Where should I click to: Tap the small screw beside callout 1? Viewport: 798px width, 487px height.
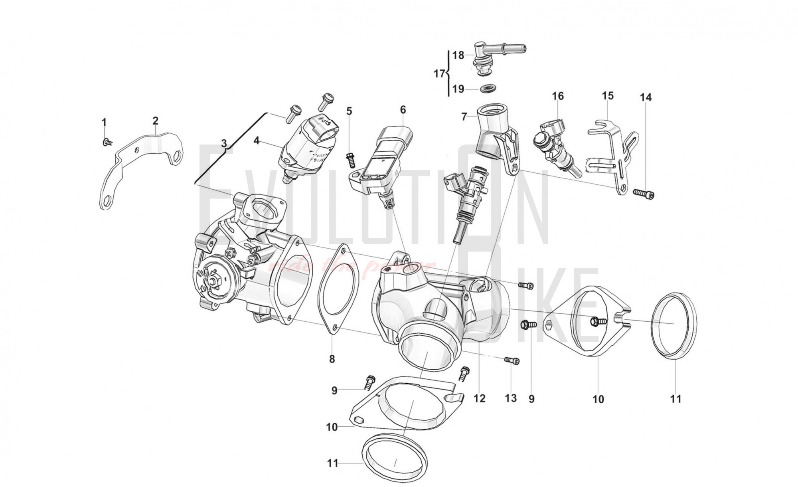click(x=107, y=142)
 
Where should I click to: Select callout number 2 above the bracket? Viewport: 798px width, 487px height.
click(x=155, y=120)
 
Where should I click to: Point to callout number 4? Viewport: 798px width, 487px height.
click(x=257, y=141)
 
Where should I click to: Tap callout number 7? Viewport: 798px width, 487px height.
click(x=464, y=117)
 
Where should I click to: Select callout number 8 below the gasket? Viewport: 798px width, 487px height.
click(x=332, y=359)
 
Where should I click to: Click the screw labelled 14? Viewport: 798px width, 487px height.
click(x=644, y=193)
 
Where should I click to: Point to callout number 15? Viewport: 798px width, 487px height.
click(x=608, y=96)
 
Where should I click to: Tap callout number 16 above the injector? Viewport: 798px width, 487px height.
click(x=558, y=96)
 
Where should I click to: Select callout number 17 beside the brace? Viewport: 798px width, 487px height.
click(x=439, y=74)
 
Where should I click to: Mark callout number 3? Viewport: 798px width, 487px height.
click(x=224, y=143)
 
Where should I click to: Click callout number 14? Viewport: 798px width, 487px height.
click(x=646, y=97)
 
